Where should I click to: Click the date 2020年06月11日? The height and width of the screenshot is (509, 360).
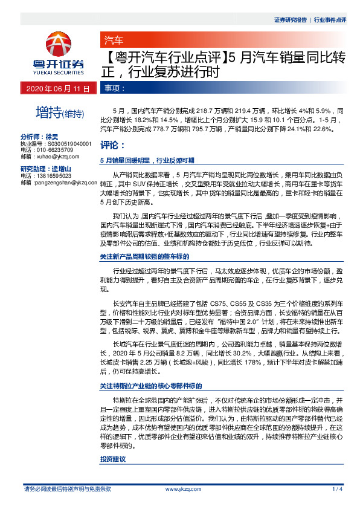pos(58,88)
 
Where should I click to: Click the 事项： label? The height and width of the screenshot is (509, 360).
pos(115,88)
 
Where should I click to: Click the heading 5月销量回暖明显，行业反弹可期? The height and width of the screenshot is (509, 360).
pos(147,161)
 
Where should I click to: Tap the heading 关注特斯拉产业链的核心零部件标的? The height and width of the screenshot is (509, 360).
pos(150,385)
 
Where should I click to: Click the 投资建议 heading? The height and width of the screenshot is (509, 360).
pos(112,460)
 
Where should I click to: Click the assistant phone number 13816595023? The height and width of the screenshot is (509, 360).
pos(58,175)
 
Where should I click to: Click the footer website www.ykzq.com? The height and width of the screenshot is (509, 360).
pos(180,489)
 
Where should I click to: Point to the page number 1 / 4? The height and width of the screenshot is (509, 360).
pos(338,489)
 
